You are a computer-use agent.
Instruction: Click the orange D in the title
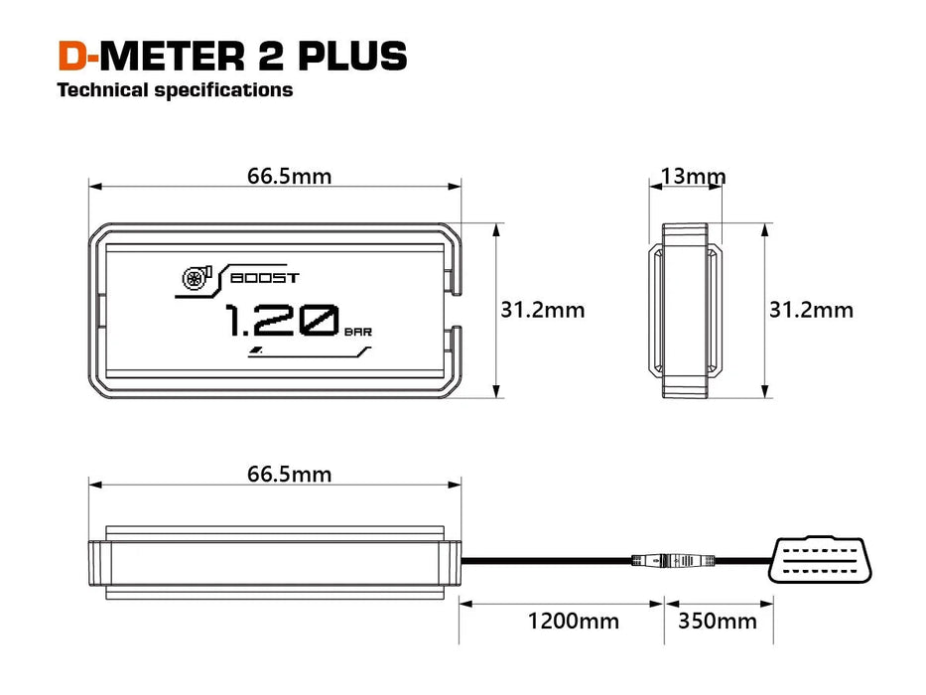pyautogui.click(x=71, y=56)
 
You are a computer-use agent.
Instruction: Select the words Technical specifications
pyautogui.click(x=175, y=90)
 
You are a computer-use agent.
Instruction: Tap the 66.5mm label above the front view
pyautogui.click(x=289, y=177)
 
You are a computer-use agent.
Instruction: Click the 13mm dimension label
pyautogui.click(x=693, y=177)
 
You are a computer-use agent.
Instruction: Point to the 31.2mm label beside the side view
pyautogui.click(x=811, y=310)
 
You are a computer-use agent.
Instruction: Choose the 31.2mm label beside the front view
pyautogui.click(x=542, y=310)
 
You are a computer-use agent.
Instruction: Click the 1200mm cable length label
pyautogui.click(x=573, y=622)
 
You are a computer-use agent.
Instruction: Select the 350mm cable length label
pyautogui.click(x=717, y=622)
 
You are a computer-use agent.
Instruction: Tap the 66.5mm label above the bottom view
pyautogui.click(x=289, y=475)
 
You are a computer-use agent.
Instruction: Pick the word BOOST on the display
pyautogui.click(x=263, y=278)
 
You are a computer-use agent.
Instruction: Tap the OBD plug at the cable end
pyautogui.click(x=823, y=561)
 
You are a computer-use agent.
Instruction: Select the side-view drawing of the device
pyautogui.click(x=686, y=310)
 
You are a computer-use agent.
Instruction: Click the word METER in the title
pyautogui.click(x=171, y=56)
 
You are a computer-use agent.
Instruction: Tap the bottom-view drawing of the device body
pyautogui.click(x=275, y=562)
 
